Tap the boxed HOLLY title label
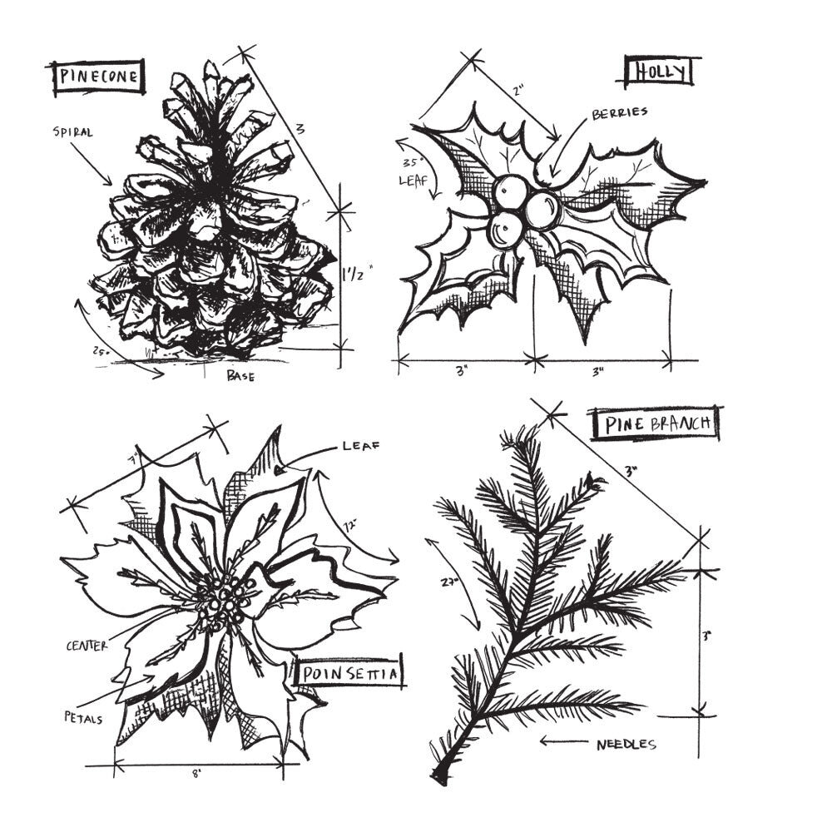(x=661, y=72)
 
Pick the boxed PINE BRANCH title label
(x=656, y=424)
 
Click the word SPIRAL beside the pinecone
(x=72, y=131)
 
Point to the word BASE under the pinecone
(x=240, y=376)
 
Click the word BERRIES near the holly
(x=619, y=113)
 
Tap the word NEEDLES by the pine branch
(x=626, y=744)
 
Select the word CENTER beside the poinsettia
(x=87, y=646)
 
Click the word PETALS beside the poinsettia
(x=82, y=716)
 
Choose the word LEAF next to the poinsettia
(x=361, y=447)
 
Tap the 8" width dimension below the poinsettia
(x=196, y=773)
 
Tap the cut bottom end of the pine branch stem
(x=438, y=775)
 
